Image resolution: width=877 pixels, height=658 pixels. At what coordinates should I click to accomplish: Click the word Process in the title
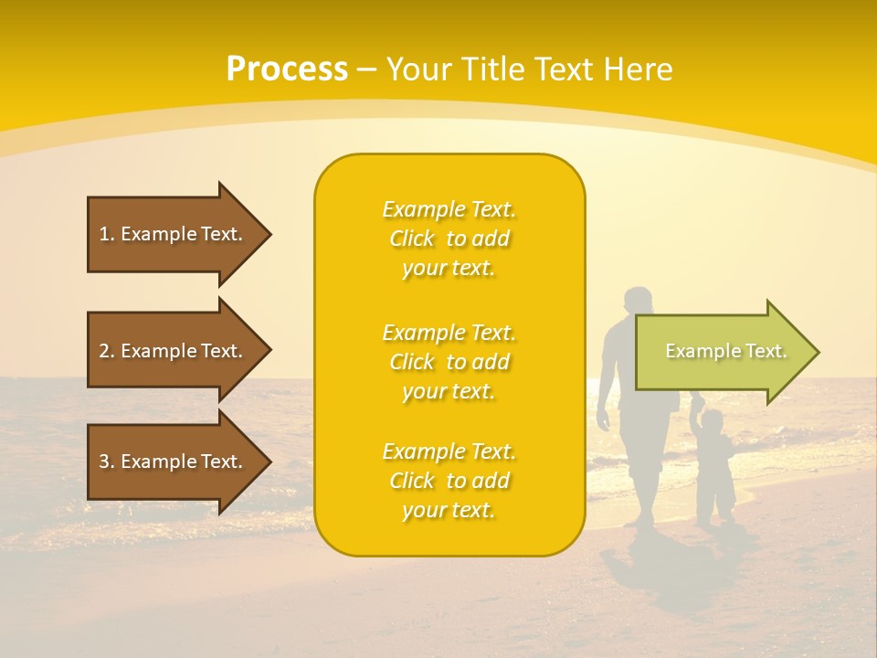pyautogui.click(x=287, y=69)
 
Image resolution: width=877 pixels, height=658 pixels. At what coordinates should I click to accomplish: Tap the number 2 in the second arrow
pyautogui.click(x=104, y=351)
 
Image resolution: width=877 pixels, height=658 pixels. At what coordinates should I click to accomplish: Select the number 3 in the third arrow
pyautogui.click(x=104, y=462)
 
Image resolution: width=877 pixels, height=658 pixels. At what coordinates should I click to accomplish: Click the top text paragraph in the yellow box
pyautogui.click(x=449, y=239)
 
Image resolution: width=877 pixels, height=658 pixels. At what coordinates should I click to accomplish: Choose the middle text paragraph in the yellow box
pyautogui.click(x=449, y=362)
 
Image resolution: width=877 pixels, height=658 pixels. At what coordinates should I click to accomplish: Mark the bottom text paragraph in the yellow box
pyautogui.click(x=449, y=481)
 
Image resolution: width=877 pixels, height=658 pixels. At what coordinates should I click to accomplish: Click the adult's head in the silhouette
pyautogui.click(x=637, y=302)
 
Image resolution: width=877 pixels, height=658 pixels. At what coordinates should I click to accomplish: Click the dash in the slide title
pyautogui.click(x=366, y=69)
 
